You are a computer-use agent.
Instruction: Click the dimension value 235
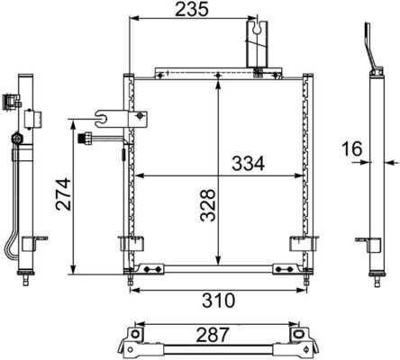192,9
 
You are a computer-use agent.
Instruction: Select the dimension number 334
248,164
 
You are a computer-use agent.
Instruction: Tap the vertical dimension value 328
208,205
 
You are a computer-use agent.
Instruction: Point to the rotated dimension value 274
63,194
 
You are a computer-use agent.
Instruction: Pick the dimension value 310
218,301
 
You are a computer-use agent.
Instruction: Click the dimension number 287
213,335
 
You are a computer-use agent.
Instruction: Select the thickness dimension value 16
352,149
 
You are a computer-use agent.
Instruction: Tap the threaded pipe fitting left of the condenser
85,139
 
